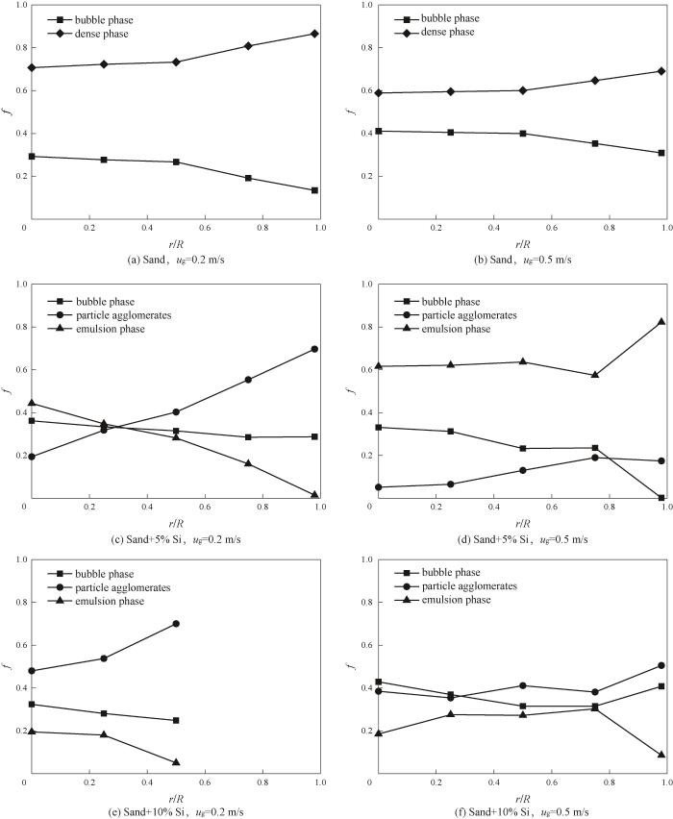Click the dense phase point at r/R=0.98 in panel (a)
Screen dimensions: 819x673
coord(314,34)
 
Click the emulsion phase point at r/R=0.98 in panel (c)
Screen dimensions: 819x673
coord(314,495)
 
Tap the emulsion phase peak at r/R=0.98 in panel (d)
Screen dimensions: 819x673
coord(661,322)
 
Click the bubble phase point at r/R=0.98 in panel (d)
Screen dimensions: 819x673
coord(661,498)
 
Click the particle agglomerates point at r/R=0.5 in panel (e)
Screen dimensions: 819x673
coord(176,624)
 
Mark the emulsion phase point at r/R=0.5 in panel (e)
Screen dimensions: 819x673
coord(176,762)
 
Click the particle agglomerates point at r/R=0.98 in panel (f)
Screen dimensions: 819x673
coord(661,665)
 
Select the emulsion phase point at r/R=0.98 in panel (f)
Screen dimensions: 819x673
coord(661,755)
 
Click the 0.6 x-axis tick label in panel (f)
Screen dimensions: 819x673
coord(551,787)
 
